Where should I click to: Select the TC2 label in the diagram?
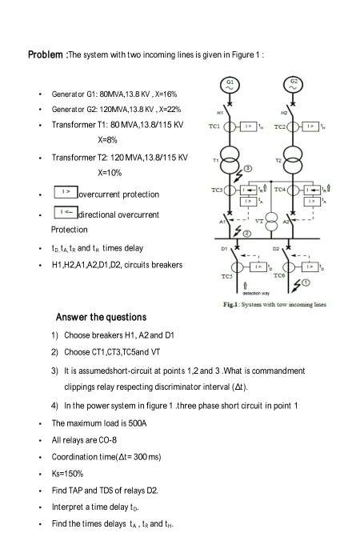(x=277, y=127)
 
